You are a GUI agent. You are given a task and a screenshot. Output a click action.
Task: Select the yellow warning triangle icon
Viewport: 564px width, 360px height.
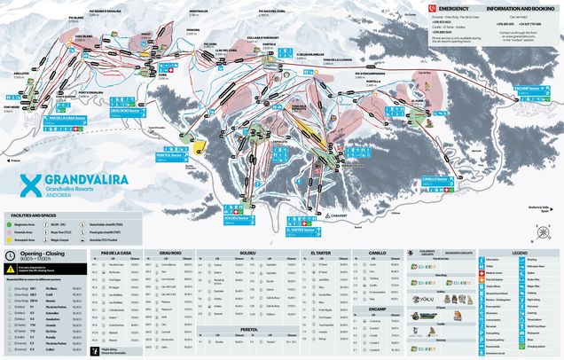pos(10,270)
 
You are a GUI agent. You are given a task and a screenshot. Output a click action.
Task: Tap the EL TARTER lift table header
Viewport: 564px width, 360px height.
pos(320,253)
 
